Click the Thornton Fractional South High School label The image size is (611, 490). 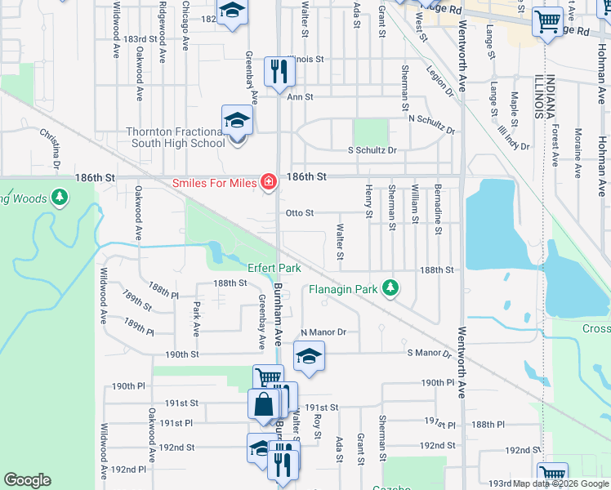(x=175, y=137)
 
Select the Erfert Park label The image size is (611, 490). (x=274, y=268)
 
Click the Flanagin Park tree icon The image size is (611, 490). (x=392, y=287)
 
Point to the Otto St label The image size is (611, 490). (x=300, y=213)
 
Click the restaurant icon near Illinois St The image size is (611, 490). (x=280, y=71)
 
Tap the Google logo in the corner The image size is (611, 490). (x=27, y=480)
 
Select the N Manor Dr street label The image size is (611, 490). (x=323, y=332)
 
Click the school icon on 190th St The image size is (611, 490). (x=308, y=356)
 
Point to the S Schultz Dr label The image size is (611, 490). (x=372, y=150)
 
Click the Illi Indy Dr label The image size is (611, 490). (x=513, y=136)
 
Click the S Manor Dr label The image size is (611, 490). (x=429, y=354)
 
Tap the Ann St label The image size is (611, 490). (x=300, y=97)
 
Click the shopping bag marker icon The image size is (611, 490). (x=264, y=404)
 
